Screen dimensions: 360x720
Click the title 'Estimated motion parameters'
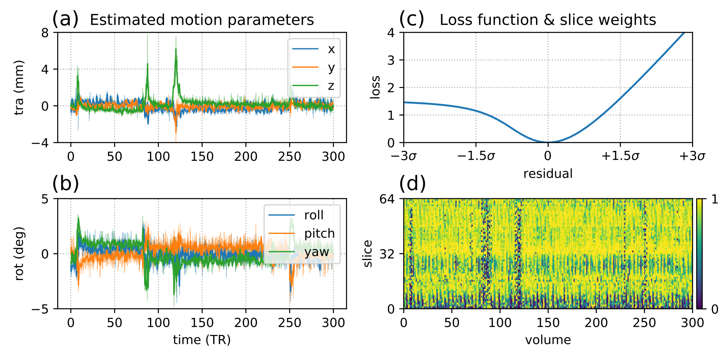click(202, 20)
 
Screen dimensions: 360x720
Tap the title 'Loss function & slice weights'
click(548, 20)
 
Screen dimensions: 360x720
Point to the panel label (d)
click(412, 184)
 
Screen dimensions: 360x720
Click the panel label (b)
click(66, 184)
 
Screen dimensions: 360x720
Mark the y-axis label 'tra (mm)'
click(19, 88)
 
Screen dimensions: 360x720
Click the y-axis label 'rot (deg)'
click(19, 254)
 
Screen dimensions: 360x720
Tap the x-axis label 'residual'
click(548, 174)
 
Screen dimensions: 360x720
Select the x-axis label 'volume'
click(548, 340)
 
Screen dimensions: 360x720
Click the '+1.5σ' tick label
click(620, 156)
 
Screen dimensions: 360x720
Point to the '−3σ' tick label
click(404, 156)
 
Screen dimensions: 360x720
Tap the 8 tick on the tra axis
click(45, 32)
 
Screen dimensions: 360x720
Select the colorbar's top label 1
click(715, 199)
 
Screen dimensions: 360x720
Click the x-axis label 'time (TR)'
click(202, 340)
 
